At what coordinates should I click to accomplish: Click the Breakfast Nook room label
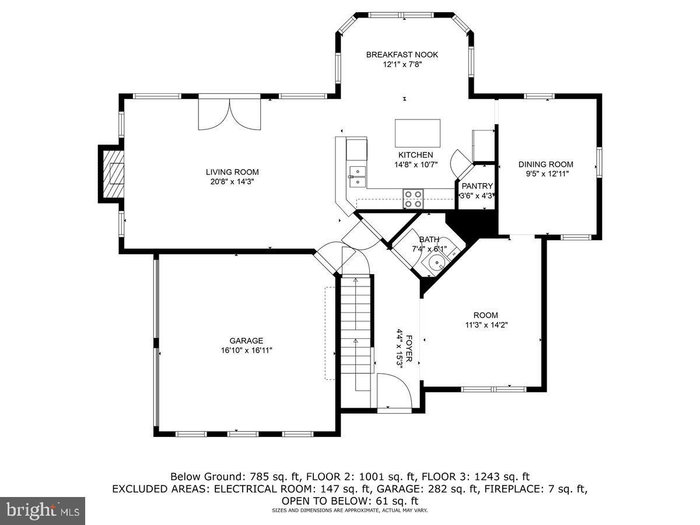point(402,55)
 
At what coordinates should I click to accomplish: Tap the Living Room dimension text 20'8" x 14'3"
point(232,181)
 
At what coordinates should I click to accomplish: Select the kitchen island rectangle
point(418,134)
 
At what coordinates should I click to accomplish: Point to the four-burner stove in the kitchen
point(414,199)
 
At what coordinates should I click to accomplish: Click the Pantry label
point(477,186)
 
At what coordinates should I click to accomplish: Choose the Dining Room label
point(546,164)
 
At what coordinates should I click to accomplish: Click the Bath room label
point(429,240)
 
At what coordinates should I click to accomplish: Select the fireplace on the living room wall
point(111,174)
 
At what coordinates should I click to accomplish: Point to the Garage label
point(246,341)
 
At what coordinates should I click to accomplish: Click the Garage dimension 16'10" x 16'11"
point(246,351)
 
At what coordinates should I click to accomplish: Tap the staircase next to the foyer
point(355,332)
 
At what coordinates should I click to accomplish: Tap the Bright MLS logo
point(43,511)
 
